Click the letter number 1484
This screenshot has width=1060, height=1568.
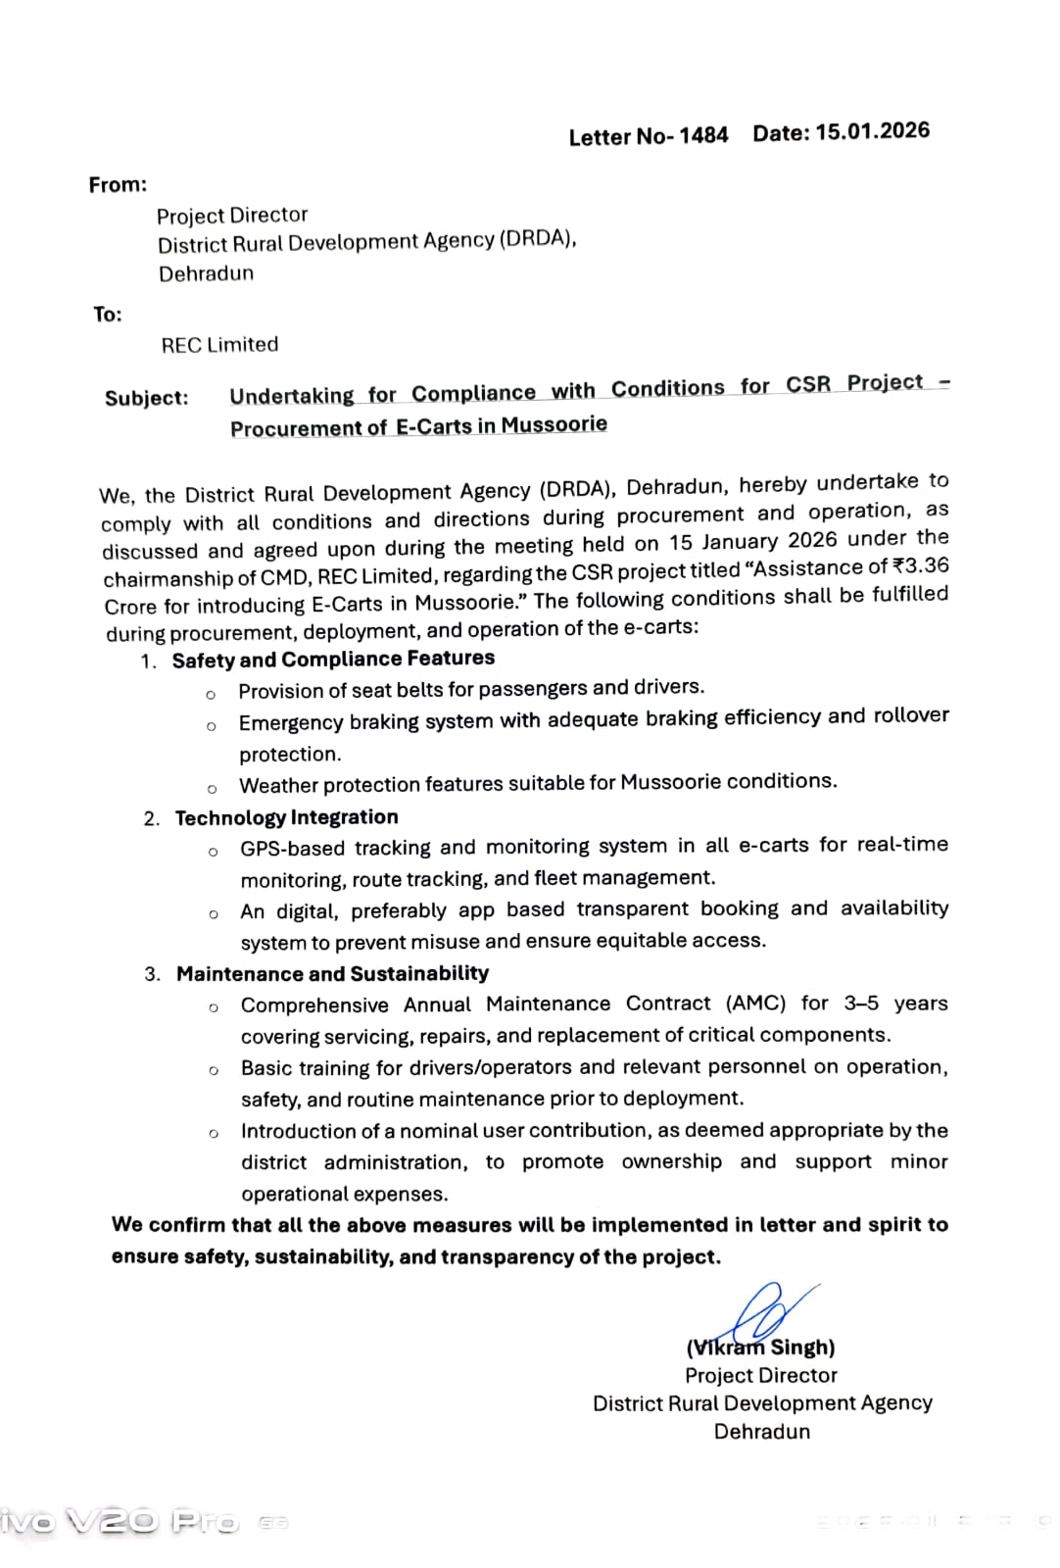pos(703,135)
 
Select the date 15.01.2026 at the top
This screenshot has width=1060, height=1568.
pos(872,131)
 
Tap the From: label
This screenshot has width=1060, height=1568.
pos(118,184)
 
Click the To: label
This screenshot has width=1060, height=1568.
pos(108,314)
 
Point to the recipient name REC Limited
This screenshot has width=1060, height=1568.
pos(219,345)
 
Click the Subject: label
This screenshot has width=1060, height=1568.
pos(147,398)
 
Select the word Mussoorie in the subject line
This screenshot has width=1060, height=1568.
pos(554,424)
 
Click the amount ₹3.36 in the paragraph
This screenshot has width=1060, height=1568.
pos(921,565)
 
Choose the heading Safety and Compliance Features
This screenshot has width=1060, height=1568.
pos(333,659)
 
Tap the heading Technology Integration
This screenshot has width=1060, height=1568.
pos(286,817)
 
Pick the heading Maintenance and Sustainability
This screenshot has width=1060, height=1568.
pos(332,973)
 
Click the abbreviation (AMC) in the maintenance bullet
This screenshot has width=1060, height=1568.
pos(755,1004)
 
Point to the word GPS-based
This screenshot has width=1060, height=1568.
pos(291,848)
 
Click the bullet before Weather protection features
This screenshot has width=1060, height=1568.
pos(212,789)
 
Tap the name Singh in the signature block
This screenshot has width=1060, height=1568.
pos(803,1347)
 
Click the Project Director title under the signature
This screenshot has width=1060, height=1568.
pos(761,1375)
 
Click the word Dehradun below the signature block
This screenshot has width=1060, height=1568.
pos(762,1431)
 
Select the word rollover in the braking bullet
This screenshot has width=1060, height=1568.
pos(911,715)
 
